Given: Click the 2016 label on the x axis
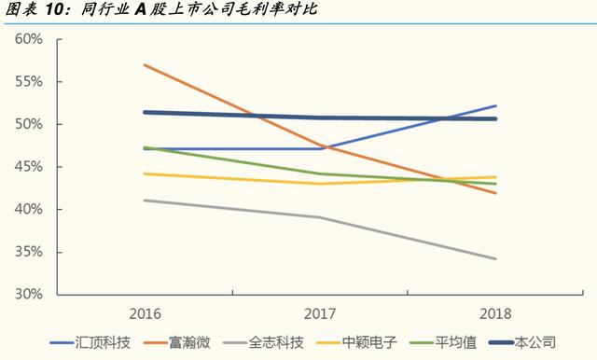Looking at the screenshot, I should tap(146, 313).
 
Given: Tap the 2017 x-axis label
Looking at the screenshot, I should tap(320, 313).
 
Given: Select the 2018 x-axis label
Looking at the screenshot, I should tap(495, 313).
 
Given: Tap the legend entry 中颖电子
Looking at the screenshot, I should tap(369, 343).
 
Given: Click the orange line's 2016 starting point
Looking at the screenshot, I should tap(146, 64).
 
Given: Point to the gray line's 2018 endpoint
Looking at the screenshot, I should tap(495, 258).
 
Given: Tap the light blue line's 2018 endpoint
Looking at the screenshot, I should tap(495, 106).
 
